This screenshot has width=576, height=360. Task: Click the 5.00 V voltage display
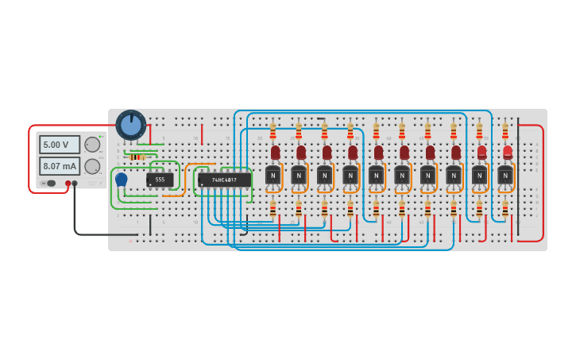(x=60, y=145)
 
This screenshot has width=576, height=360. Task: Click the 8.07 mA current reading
(x=60, y=166)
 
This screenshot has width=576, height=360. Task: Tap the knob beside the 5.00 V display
(x=92, y=145)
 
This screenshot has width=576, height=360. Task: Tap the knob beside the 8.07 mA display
(x=92, y=166)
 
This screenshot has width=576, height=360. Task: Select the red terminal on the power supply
(x=68, y=184)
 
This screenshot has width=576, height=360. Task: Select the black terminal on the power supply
(x=75, y=184)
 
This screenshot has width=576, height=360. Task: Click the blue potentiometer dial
(x=131, y=125)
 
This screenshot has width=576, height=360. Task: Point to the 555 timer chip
(x=160, y=180)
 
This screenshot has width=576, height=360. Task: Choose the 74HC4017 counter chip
(x=224, y=180)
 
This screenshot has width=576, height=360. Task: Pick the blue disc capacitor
(x=121, y=180)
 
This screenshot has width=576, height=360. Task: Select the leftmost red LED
(x=275, y=151)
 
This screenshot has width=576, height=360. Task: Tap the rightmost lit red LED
(x=507, y=151)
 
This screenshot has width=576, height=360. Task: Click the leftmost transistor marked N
(x=273, y=176)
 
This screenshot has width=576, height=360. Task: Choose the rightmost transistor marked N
(x=505, y=176)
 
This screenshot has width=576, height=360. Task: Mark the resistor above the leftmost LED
(x=273, y=130)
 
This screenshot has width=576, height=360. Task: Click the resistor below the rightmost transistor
(x=504, y=209)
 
